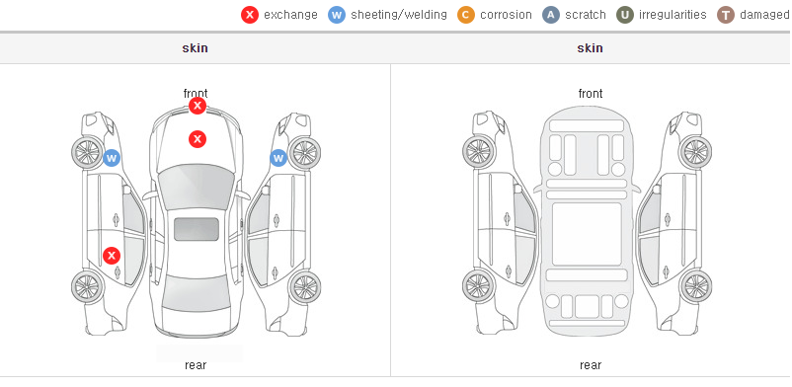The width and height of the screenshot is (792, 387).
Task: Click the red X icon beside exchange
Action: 250,15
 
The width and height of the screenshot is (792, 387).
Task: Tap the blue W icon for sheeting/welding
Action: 337,15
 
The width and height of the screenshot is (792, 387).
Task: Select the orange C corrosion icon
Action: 466,15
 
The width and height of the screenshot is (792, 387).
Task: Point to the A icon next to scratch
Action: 551,15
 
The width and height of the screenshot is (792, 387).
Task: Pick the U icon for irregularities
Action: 625,15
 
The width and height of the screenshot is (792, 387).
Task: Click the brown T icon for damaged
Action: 725,15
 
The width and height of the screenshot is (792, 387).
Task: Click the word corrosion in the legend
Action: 506,15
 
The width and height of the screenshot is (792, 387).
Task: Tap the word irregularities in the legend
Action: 673,15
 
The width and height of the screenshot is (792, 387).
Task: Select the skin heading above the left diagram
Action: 195,48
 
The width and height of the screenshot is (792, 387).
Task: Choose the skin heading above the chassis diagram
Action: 590,48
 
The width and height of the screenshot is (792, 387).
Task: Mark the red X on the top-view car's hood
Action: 198,139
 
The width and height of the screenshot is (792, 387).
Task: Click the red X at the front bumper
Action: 198,106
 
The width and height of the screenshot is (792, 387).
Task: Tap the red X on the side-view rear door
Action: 112,256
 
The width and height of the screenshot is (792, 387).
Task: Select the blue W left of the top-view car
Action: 112,158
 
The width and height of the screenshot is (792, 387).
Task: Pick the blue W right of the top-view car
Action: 278,158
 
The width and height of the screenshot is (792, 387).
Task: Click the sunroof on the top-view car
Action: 197,229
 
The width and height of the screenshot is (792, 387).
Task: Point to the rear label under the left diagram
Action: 196,365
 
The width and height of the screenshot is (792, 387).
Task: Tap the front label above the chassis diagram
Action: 591,94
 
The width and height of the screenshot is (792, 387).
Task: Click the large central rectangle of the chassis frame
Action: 587,234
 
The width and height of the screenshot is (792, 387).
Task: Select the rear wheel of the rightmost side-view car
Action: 696,287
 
